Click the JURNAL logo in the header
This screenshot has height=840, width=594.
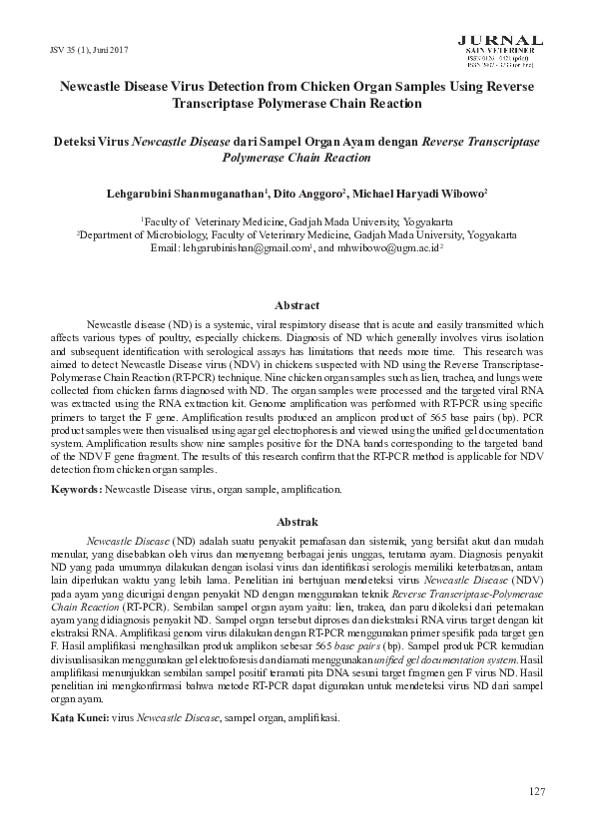pyautogui.click(x=500, y=39)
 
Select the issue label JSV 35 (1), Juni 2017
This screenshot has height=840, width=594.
pyautogui.click(x=89, y=50)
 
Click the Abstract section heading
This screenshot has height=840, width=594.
pyautogui.click(x=297, y=306)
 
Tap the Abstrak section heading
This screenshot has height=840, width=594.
pyautogui.click(x=297, y=522)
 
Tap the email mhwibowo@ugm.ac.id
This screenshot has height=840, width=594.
pyautogui.click(x=388, y=249)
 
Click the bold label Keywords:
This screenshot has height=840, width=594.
pyautogui.click(x=75, y=490)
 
